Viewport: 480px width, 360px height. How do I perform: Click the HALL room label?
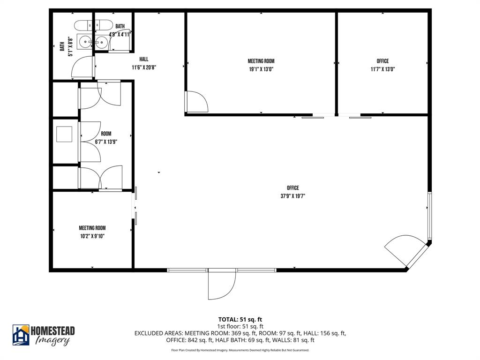143,59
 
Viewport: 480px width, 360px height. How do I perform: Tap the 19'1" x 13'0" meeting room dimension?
261,69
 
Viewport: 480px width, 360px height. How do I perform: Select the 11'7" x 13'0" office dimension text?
382,69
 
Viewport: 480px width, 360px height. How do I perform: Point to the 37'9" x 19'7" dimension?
293,196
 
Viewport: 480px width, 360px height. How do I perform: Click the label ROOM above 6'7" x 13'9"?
106,134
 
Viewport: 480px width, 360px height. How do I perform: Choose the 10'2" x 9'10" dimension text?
92,236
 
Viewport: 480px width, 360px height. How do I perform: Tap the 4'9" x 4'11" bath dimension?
120,34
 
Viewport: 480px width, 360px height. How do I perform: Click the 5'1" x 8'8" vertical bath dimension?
71,46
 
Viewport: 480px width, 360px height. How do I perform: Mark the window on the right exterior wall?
429,216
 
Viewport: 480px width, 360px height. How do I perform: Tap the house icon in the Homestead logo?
21,335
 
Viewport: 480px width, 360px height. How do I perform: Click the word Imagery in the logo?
52,341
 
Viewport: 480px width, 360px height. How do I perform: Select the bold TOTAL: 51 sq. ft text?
240,319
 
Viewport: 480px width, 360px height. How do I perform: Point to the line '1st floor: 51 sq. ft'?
240,326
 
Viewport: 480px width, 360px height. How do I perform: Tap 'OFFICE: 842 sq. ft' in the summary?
190,340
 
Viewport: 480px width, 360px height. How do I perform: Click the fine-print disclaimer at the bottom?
240,350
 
